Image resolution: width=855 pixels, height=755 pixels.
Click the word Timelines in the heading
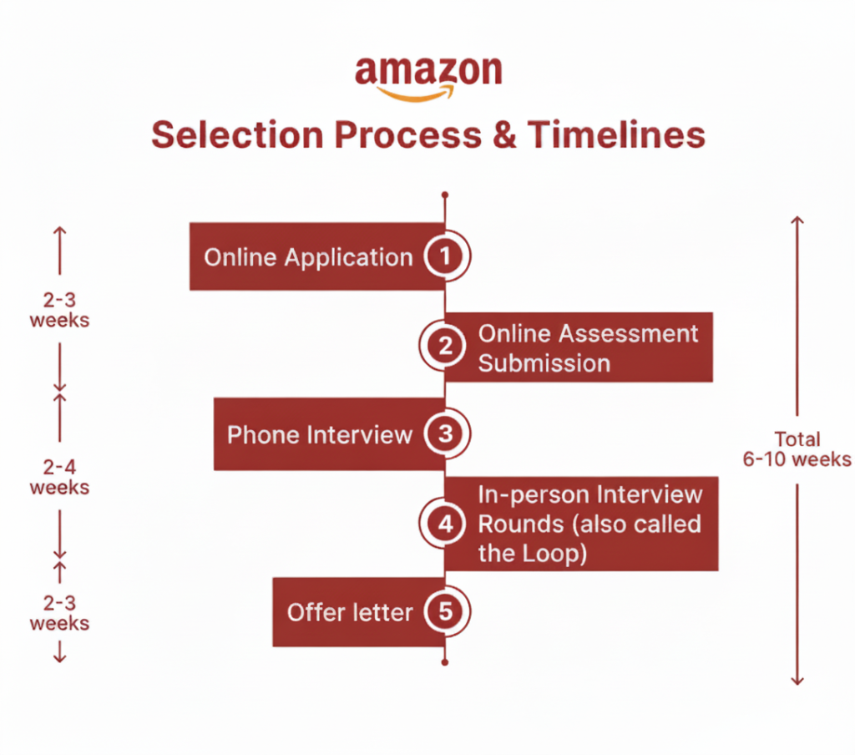[x=617, y=134]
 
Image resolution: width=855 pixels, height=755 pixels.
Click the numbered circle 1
[x=445, y=256]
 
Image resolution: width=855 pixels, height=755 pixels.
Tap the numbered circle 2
[x=445, y=345]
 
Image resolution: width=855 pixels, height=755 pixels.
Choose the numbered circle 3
[x=445, y=434]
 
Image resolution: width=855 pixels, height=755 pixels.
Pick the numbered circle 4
[x=445, y=524]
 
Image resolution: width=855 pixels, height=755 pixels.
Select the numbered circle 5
[x=445, y=612]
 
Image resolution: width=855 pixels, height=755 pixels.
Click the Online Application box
[x=308, y=256]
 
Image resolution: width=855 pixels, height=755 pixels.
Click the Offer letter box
[x=350, y=612]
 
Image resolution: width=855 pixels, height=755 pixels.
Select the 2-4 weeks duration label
[x=59, y=477]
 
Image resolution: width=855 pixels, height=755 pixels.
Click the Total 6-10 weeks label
[x=797, y=449]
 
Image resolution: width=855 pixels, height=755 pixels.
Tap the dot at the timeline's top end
[x=445, y=195]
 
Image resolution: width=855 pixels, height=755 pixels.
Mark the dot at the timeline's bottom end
[x=445, y=662]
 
